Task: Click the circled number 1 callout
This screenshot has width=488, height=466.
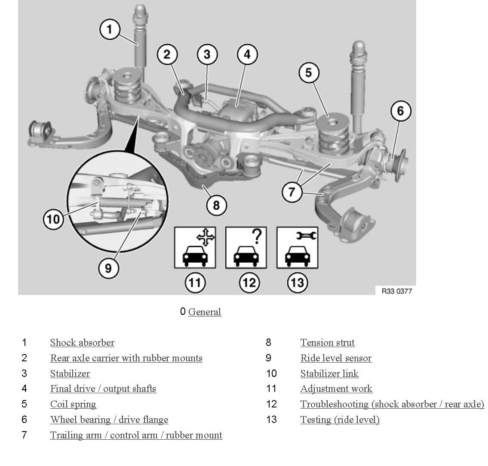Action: coord(110,30)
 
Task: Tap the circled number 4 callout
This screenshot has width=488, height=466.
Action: coord(247,55)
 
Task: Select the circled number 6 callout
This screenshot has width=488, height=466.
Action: coord(400,111)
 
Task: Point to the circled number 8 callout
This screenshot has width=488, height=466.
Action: coord(216,205)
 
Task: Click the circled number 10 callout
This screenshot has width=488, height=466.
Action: coord(53,219)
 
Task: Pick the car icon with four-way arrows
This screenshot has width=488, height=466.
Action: coord(195,248)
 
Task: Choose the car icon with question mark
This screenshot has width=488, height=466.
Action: coord(246,248)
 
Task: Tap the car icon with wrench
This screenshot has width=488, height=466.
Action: coord(297,248)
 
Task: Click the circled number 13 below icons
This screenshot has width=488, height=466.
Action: coord(297,283)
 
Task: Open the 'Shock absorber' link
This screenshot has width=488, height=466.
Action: coord(82,343)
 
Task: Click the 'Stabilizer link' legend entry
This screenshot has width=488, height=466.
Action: coord(329,373)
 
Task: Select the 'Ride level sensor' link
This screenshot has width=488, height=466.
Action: coord(336,358)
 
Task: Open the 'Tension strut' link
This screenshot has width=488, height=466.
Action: coord(328,343)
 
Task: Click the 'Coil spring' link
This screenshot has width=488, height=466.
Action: coord(73,404)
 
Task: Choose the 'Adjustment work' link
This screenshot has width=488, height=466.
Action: coord(336,389)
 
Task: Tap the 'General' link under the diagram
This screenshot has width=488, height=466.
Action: coord(205,312)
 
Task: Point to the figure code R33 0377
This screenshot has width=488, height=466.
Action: coord(396,291)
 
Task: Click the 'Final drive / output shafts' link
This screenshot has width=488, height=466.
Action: coord(103,389)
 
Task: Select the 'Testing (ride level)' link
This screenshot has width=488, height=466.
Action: coord(340,419)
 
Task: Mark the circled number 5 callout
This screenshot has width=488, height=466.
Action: coord(308,72)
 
